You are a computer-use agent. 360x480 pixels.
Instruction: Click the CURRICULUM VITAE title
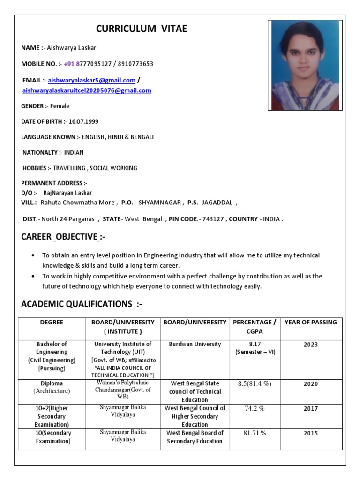click(x=142, y=29)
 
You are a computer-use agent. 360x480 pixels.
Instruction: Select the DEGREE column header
click(x=52, y=322)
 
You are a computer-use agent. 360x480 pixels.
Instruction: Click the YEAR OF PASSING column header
click(x=310, y=322)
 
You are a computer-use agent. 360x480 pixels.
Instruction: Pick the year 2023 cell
click(x=310, y=345)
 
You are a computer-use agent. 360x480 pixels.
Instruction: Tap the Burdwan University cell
click(x=195, y=345)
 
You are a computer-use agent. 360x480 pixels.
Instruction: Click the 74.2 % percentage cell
click(x=255, y=408)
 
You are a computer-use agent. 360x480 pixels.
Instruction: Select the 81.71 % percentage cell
click(x=255, y=433)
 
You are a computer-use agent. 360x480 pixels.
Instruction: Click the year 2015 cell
click(x=310, y=434)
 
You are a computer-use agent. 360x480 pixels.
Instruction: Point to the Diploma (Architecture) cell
click(x=52, y=387)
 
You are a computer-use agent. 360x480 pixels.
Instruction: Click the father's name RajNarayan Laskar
click(x=67, y=193)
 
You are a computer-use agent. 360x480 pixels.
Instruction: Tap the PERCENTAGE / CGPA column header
click(x=255, y=327)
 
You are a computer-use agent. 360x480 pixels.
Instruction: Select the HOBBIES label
click(x=36, y=168)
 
